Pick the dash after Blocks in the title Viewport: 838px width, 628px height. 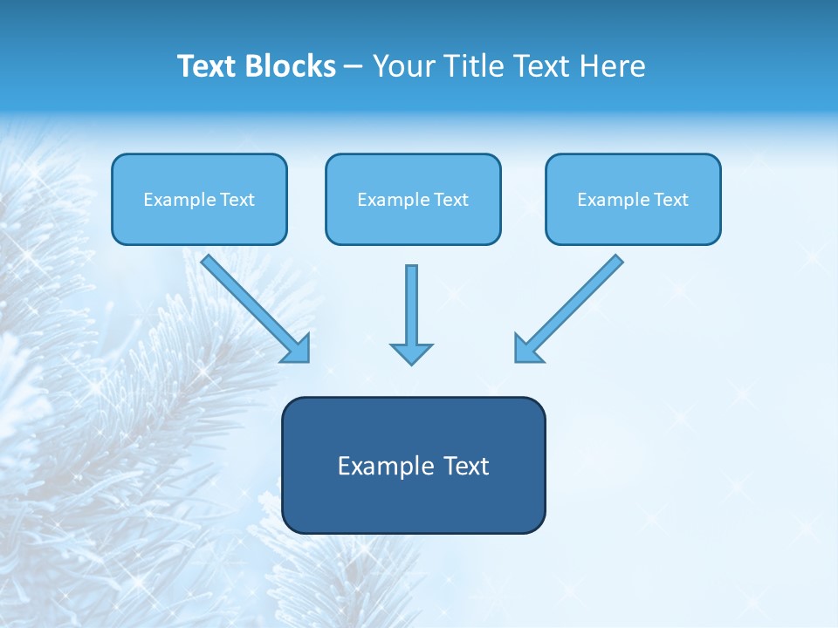(354, 67)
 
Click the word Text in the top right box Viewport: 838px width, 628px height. (671, 200)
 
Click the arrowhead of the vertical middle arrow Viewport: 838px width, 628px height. (411, 353)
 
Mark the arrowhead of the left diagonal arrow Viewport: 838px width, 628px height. (297, 349)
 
